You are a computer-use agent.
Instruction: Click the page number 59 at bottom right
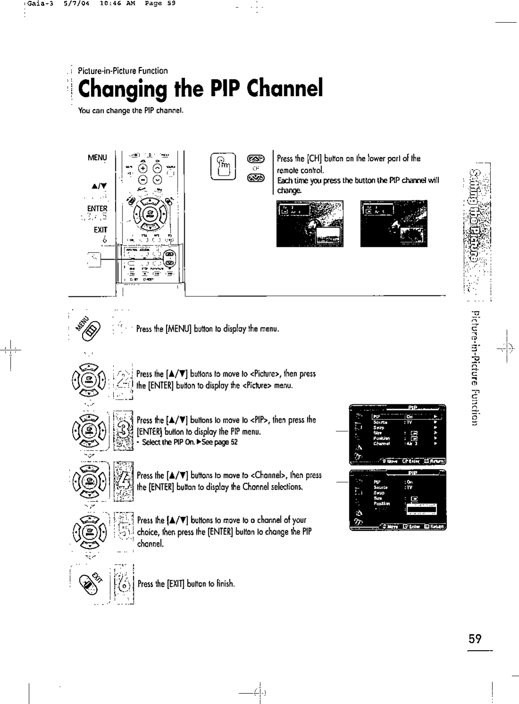click(x=475, y=639)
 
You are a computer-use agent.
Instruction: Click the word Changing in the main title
click(x=122, y=89)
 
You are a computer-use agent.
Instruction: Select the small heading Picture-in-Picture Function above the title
click(x=123, y=71)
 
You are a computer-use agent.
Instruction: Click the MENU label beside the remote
click(x=97, y=158)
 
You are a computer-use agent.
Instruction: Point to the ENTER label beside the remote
click(x=97, y=208)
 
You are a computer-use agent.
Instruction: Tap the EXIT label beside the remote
click(x=100, y=229)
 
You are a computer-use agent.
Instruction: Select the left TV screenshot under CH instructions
click(x=310, y=223)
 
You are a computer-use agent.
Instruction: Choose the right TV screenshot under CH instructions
click(x=394, y=223)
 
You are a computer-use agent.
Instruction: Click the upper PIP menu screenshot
click(x=397, y=434)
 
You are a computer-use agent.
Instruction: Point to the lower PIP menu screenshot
click(x=397, y=500)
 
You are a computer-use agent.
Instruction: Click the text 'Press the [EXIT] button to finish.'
click(x=186, y=584)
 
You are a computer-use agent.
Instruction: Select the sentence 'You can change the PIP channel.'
click(x=131, y=111)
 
